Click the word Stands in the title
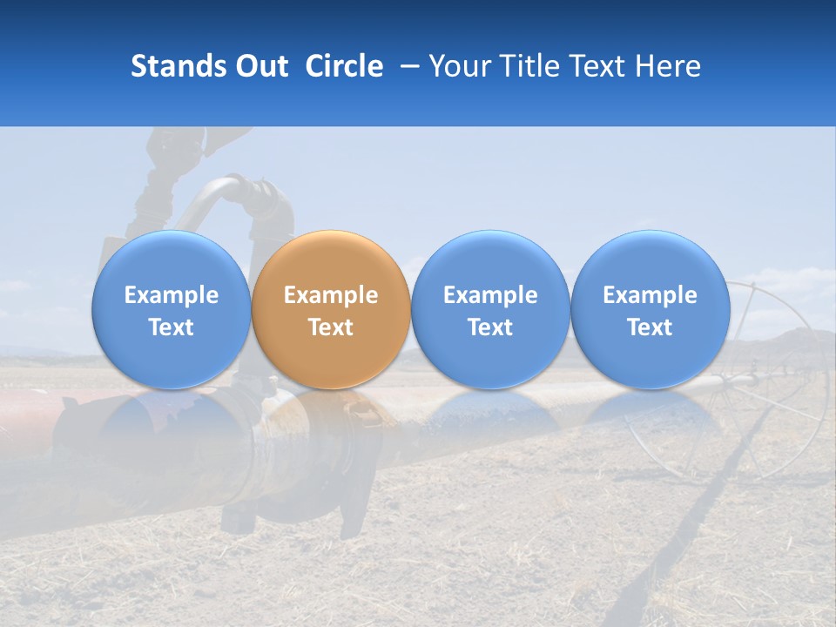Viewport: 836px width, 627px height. click(x=177, y=66)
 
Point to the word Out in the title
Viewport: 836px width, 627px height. click(x=260, y=66)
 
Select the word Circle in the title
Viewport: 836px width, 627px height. click(x=344, y=66)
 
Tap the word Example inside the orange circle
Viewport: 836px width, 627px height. click(x=331, y=295)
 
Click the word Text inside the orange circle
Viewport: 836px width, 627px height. click(x=331, y=327)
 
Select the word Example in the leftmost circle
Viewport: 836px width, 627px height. click(x=172, y=295)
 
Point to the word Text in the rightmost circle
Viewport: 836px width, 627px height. click(x=650, y=327)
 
